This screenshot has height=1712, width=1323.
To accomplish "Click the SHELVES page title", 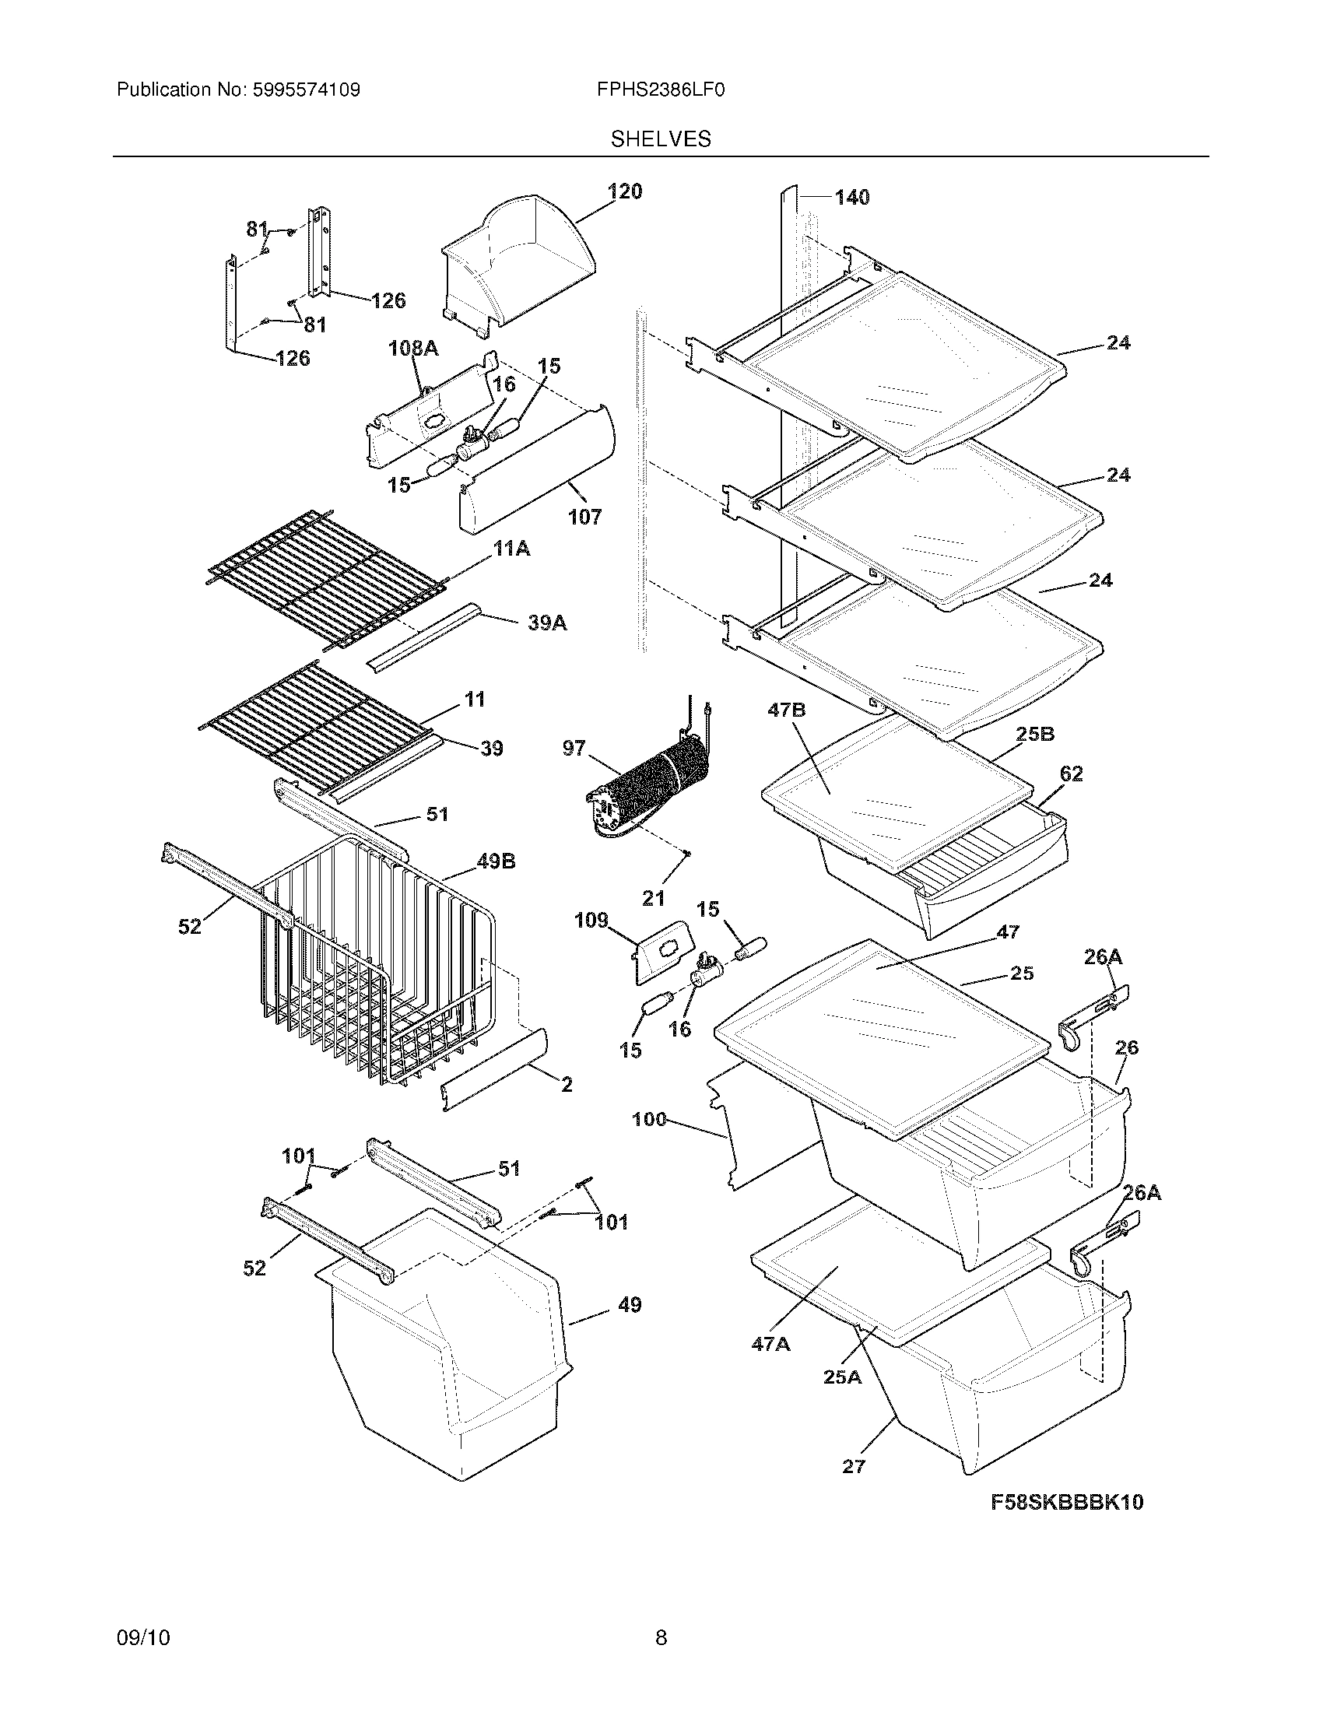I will [661, 139].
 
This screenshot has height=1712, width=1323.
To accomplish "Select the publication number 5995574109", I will [306, 90].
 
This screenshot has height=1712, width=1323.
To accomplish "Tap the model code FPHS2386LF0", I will [661, 90].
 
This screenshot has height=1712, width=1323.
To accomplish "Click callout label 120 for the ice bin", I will [625, 191].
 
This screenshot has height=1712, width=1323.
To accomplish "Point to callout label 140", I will [852, 198].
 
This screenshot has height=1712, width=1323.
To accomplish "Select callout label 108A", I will [413, 348].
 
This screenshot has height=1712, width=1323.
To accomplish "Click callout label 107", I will [584, 517].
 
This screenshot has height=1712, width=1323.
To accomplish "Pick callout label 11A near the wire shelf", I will [511, 549].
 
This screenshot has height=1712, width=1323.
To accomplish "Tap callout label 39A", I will [547, 623].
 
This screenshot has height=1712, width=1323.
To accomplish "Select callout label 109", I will [591, 921].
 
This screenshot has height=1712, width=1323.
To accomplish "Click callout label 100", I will [649, 1119].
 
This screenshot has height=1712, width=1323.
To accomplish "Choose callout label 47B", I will [787, 711].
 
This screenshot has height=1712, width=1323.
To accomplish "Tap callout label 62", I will [1071, 774].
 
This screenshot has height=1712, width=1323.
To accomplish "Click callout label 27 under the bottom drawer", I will [854, 1466].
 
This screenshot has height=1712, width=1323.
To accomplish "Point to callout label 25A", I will [842, 1377].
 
